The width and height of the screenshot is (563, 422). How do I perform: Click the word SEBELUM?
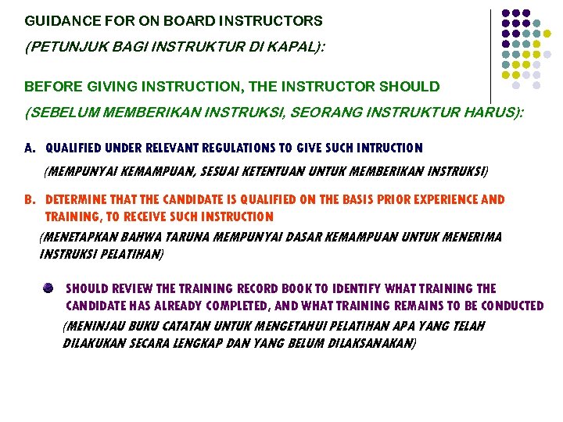click(62, 113)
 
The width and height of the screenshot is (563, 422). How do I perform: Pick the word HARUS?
click(486, 113)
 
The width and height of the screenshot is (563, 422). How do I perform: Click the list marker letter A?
click(29, 148)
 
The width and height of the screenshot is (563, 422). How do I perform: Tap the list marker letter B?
click(29, 200)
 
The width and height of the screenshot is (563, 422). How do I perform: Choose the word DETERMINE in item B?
click(77, 200)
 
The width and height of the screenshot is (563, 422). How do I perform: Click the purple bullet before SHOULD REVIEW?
click(48, 288)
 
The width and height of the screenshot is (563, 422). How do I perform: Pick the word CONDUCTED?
click(507, 306)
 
